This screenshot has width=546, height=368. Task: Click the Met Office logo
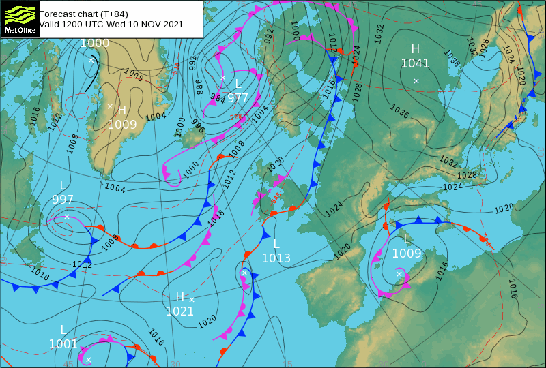[20, 18]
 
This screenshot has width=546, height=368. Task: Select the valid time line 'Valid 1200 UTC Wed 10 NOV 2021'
[111, 25]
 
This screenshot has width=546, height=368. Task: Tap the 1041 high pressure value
[415, 64]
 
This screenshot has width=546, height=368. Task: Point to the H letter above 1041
[415, 49]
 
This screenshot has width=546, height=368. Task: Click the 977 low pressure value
[238, 97]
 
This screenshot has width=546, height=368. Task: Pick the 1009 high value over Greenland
[122, 125]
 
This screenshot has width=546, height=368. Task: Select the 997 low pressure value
[63, 200]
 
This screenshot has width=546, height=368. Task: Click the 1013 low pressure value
[276, 258]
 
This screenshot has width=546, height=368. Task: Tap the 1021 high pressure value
[179, 311]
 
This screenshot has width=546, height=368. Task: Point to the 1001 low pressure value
[63, 344]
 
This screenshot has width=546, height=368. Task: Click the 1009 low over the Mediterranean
[407, 254]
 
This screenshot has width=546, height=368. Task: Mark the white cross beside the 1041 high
[416, 80]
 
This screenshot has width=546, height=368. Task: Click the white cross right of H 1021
[192, 300]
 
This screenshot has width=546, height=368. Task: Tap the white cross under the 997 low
[67, 217]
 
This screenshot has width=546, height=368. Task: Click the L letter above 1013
[276, 244]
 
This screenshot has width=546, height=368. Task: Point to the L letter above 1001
[63, 330]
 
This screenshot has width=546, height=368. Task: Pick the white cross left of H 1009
[110, 106]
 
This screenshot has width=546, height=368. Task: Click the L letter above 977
[238, 83]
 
